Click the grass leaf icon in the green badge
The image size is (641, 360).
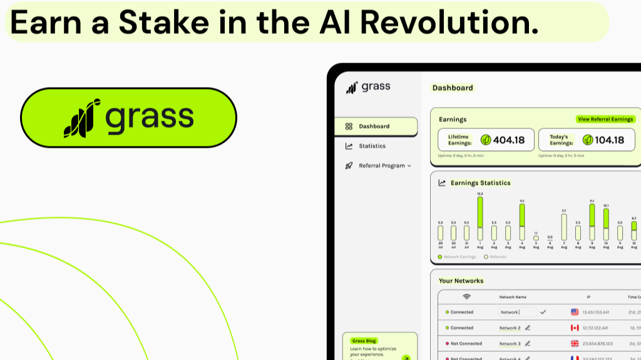82,118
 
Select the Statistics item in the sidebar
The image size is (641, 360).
372,146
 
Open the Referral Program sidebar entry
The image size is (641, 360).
381,166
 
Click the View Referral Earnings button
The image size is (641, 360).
605,119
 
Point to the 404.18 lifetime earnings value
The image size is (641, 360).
509,140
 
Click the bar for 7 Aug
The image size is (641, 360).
564,227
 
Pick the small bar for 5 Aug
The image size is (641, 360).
536,238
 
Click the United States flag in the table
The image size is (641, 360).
575,312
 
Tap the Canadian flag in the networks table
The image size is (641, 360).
575,327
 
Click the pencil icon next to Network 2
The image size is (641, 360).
528,327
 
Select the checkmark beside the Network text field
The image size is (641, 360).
543,312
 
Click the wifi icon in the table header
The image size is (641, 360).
466,296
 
